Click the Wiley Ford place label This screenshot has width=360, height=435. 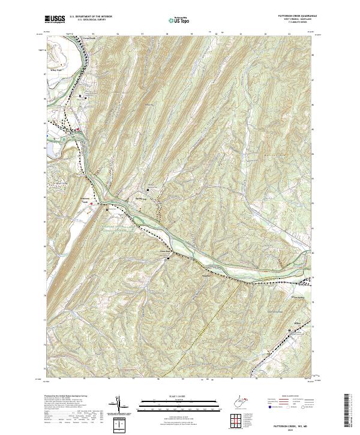[55, 86]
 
